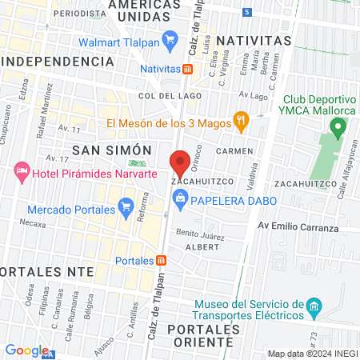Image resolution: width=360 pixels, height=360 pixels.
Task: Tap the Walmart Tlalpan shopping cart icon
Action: click(x=169, y=39)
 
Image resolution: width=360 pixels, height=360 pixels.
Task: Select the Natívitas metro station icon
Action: click(x=186, y=70)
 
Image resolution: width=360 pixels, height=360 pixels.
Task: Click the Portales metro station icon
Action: click(x=162, y=261)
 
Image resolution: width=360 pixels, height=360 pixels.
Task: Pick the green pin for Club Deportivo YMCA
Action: click(x=338, y=126)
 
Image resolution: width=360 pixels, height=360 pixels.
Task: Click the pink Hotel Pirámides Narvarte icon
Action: click(x=21, y=172)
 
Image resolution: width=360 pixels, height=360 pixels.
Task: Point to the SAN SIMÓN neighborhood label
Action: click(x=111, y=150)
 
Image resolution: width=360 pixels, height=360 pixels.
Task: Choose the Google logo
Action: click(x=26, y=350)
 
